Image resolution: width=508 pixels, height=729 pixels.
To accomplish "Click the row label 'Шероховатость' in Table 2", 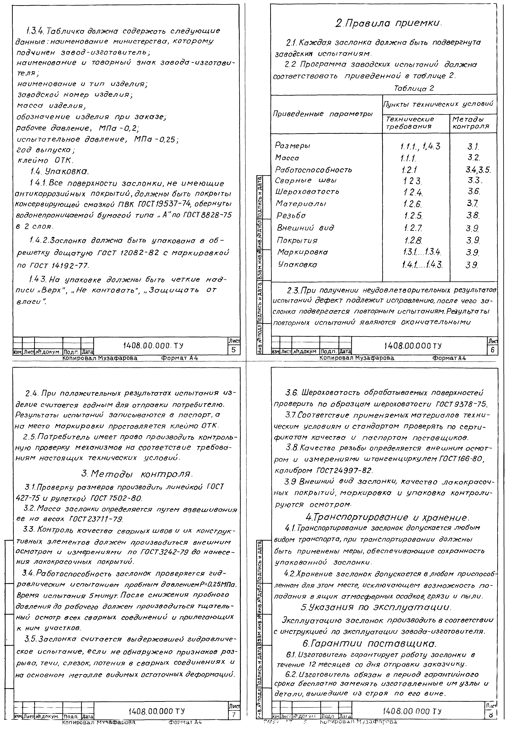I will pyautogui.click(x=307, y=192).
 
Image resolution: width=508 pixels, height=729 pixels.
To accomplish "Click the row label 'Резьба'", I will pyautogui.click(x=291, y=216).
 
